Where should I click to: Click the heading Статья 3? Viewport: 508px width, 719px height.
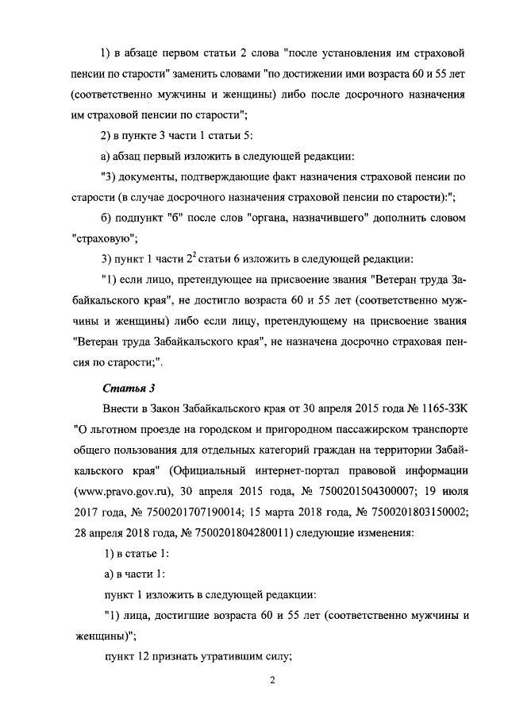click(129, 388)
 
